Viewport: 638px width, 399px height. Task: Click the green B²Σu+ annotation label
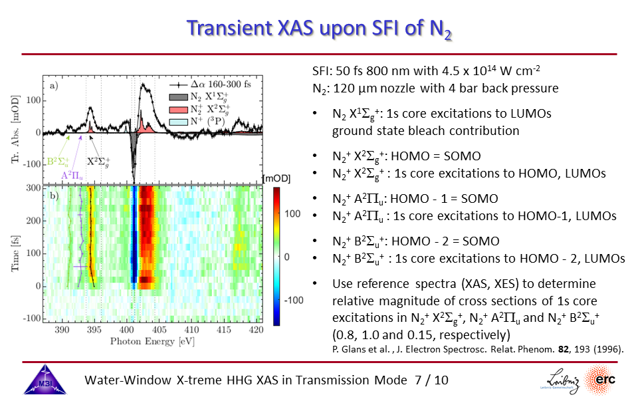tap(59, 161)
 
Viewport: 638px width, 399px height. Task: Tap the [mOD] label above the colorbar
tap(276, 178)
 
